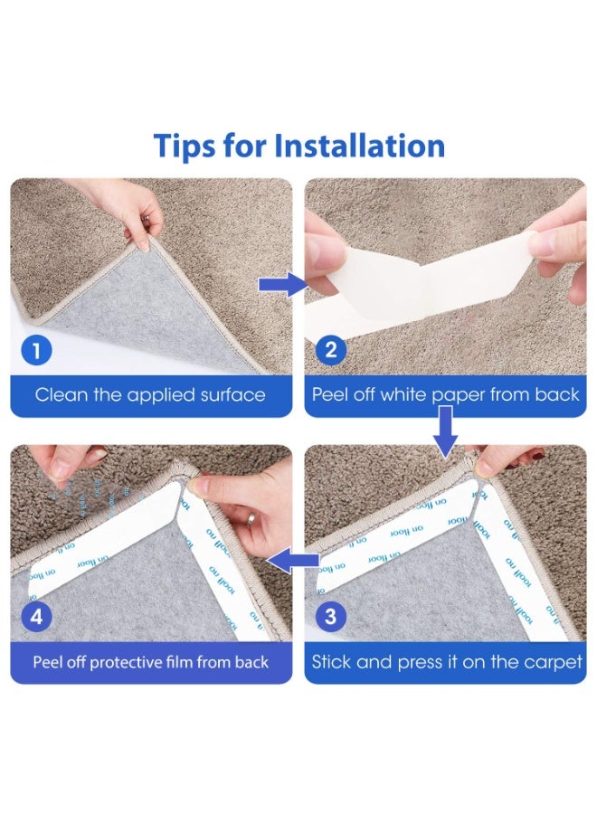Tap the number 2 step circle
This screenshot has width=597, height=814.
pos(330,350)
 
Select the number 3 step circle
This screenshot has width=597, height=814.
pos(330,617)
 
